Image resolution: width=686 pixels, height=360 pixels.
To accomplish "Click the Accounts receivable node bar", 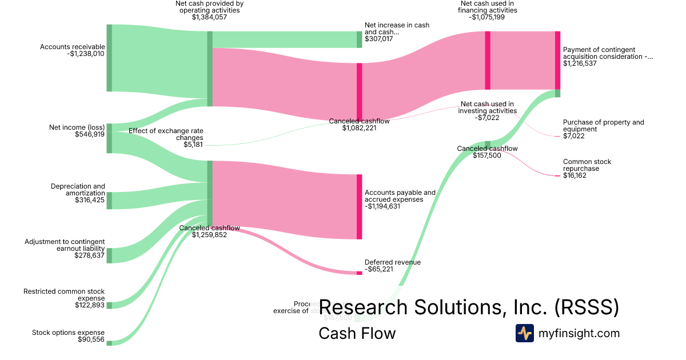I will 109,58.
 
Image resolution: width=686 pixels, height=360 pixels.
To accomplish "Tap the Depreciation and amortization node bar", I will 109,201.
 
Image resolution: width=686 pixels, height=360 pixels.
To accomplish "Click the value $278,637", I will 90,255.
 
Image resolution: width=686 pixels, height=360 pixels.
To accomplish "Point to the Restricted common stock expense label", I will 64,295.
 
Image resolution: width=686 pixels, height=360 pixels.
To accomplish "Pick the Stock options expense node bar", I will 109,343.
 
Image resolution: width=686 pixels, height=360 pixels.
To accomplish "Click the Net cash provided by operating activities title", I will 209,6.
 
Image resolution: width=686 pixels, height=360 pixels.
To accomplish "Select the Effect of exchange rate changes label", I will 166,134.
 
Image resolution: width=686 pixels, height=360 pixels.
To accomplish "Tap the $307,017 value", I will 379,39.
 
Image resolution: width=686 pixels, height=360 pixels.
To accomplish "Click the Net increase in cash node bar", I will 360,39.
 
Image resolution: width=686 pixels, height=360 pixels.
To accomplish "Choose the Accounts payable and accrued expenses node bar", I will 360,207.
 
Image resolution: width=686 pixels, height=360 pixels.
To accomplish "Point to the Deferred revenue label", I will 393,262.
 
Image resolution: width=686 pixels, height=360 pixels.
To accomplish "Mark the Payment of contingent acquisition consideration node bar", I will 557,60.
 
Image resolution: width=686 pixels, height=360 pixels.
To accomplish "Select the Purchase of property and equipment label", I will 603,126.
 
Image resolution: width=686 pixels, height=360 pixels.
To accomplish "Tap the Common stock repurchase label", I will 587,165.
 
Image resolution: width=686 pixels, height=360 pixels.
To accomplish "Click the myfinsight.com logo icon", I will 524,333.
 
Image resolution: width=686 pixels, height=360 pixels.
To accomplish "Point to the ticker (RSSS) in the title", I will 587,307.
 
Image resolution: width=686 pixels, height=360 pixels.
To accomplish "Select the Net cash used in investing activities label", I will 487,107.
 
